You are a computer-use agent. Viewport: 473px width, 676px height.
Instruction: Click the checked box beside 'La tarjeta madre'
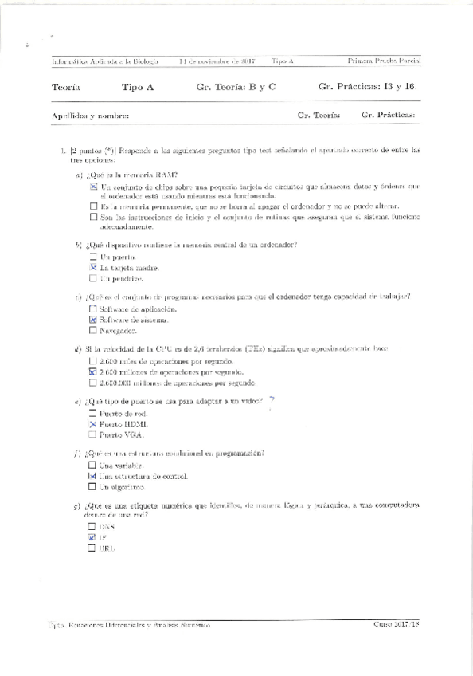click(93, 268)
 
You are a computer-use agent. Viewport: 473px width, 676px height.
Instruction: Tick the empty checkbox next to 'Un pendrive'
click(93, 279)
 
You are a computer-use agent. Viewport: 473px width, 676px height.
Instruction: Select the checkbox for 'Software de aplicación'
click(93, 309)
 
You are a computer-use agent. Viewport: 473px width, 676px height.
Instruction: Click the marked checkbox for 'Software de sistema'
click(93, 320)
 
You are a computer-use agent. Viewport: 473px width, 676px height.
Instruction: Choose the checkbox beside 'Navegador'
click(93, 330)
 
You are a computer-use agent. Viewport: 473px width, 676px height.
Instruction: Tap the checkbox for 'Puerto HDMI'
click(93, 425)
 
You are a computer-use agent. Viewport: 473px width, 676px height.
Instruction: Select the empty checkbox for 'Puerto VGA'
click(93, 435)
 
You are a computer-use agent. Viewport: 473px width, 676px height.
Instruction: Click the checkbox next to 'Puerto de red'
click(93, 415)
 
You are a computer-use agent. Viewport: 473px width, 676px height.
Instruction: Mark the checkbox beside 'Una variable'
click(93, 465)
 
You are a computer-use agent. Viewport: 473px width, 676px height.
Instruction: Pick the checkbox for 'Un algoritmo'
click(93, 486)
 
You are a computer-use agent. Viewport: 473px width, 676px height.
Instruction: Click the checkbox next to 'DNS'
click(92, 527)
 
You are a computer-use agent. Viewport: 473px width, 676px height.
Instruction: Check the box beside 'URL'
click(92, 548)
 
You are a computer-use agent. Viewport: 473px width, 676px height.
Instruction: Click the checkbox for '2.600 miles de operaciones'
click(93, 361)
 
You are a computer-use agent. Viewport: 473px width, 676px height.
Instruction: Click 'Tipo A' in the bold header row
click(138, 87)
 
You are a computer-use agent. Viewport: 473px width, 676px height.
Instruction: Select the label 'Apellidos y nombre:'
click(90, 116)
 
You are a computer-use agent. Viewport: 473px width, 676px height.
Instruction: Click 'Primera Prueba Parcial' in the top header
click(385, 61)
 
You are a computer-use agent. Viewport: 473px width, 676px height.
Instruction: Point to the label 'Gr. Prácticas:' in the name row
click(388, 116)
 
